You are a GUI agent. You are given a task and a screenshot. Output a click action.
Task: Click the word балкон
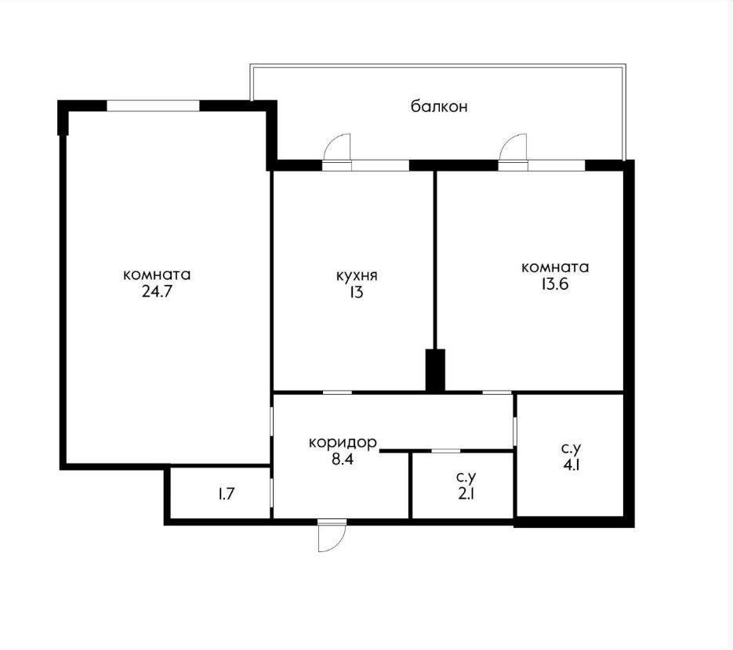click(439, 107)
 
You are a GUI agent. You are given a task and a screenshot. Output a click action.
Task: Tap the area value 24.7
click(157, 292)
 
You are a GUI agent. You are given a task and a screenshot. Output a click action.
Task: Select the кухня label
click(357, 276)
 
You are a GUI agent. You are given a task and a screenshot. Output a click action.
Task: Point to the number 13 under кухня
click(357, 292)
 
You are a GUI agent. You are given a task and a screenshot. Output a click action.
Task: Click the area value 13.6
click(555, 284)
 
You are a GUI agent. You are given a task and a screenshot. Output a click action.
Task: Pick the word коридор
click(343, 442)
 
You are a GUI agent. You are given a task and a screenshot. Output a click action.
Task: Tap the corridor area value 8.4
click(343, 460)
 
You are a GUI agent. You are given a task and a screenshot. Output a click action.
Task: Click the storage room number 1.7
click(227, 494)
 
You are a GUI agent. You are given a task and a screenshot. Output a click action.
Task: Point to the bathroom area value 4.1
click(572, 465)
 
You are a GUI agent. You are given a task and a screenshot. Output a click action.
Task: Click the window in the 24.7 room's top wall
click(154, 106)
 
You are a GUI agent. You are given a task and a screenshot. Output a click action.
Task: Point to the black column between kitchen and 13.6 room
click(435, 370)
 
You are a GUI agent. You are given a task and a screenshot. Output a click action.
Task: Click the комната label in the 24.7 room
click(157, 275)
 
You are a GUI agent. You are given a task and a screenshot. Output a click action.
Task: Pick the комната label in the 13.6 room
click(555, 268)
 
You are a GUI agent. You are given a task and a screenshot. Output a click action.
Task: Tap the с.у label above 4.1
click(572, 450)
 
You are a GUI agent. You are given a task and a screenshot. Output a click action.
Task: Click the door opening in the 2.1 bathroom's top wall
click(445, 451)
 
